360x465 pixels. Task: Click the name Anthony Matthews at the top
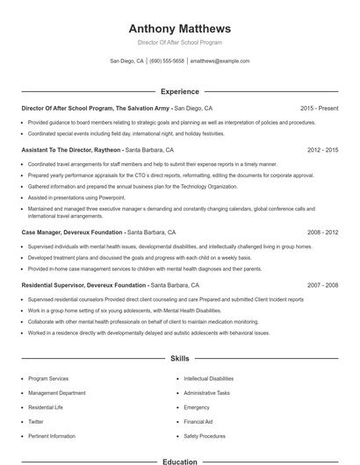click(x=180, y=28)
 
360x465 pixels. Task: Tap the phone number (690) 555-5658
click(x=167, y=61)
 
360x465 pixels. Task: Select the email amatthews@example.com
click(x=220, y=61)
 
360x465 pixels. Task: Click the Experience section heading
click(x=180, y=91)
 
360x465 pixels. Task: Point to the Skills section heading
click(x=180, y=359)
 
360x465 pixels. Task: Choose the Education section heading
click(x=180, y=461)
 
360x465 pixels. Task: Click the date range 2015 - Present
click(x=319, y=108)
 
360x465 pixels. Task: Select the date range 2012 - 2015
click(x=322, y=150)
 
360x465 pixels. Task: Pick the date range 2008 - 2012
click(x=322, y=233)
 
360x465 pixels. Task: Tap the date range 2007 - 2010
click(x=322, y=285)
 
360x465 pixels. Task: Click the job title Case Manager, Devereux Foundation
click(x=73, y=233)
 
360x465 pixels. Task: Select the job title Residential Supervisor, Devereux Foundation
click(x=84, y=285)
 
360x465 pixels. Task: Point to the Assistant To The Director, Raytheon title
click(x=71, y=150)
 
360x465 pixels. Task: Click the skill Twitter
click(x=37, y=421)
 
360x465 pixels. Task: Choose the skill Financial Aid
click(x=198, y=421)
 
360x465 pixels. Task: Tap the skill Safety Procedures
click(x=205, y=435)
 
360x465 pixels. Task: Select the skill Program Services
click(x=48, y=378)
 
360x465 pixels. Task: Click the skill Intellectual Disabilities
click(x=209, y=378)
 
